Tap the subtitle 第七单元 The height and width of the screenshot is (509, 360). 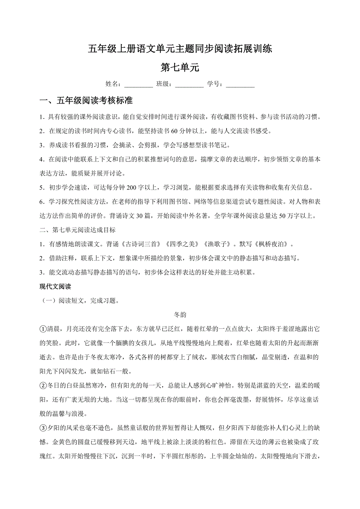coord(180,67)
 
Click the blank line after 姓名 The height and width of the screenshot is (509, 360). coord(139,84)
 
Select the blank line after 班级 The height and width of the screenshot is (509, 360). coord(189,84)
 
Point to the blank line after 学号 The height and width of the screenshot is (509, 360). coord(240,84)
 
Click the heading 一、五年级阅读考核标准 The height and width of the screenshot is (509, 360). coord(86,101)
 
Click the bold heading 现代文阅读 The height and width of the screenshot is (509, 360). coord(55,287)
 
